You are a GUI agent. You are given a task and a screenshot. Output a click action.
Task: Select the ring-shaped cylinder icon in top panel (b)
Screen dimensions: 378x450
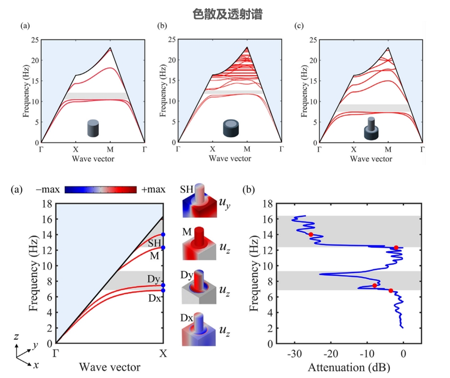(231, 128)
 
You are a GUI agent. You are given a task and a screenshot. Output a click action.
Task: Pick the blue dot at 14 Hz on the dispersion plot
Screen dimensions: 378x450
(163, 235)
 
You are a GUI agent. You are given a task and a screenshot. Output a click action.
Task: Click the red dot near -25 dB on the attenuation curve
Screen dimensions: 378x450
(311, 234)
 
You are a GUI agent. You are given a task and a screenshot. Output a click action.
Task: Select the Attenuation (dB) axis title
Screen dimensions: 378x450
(349, 367)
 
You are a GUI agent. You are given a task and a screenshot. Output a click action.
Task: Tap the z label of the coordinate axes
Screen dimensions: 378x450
(16, 336)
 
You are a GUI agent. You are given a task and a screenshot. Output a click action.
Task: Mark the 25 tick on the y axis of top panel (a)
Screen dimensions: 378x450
(35, 39)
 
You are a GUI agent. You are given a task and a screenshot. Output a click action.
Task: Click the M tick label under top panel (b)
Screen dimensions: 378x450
(247, 149)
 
